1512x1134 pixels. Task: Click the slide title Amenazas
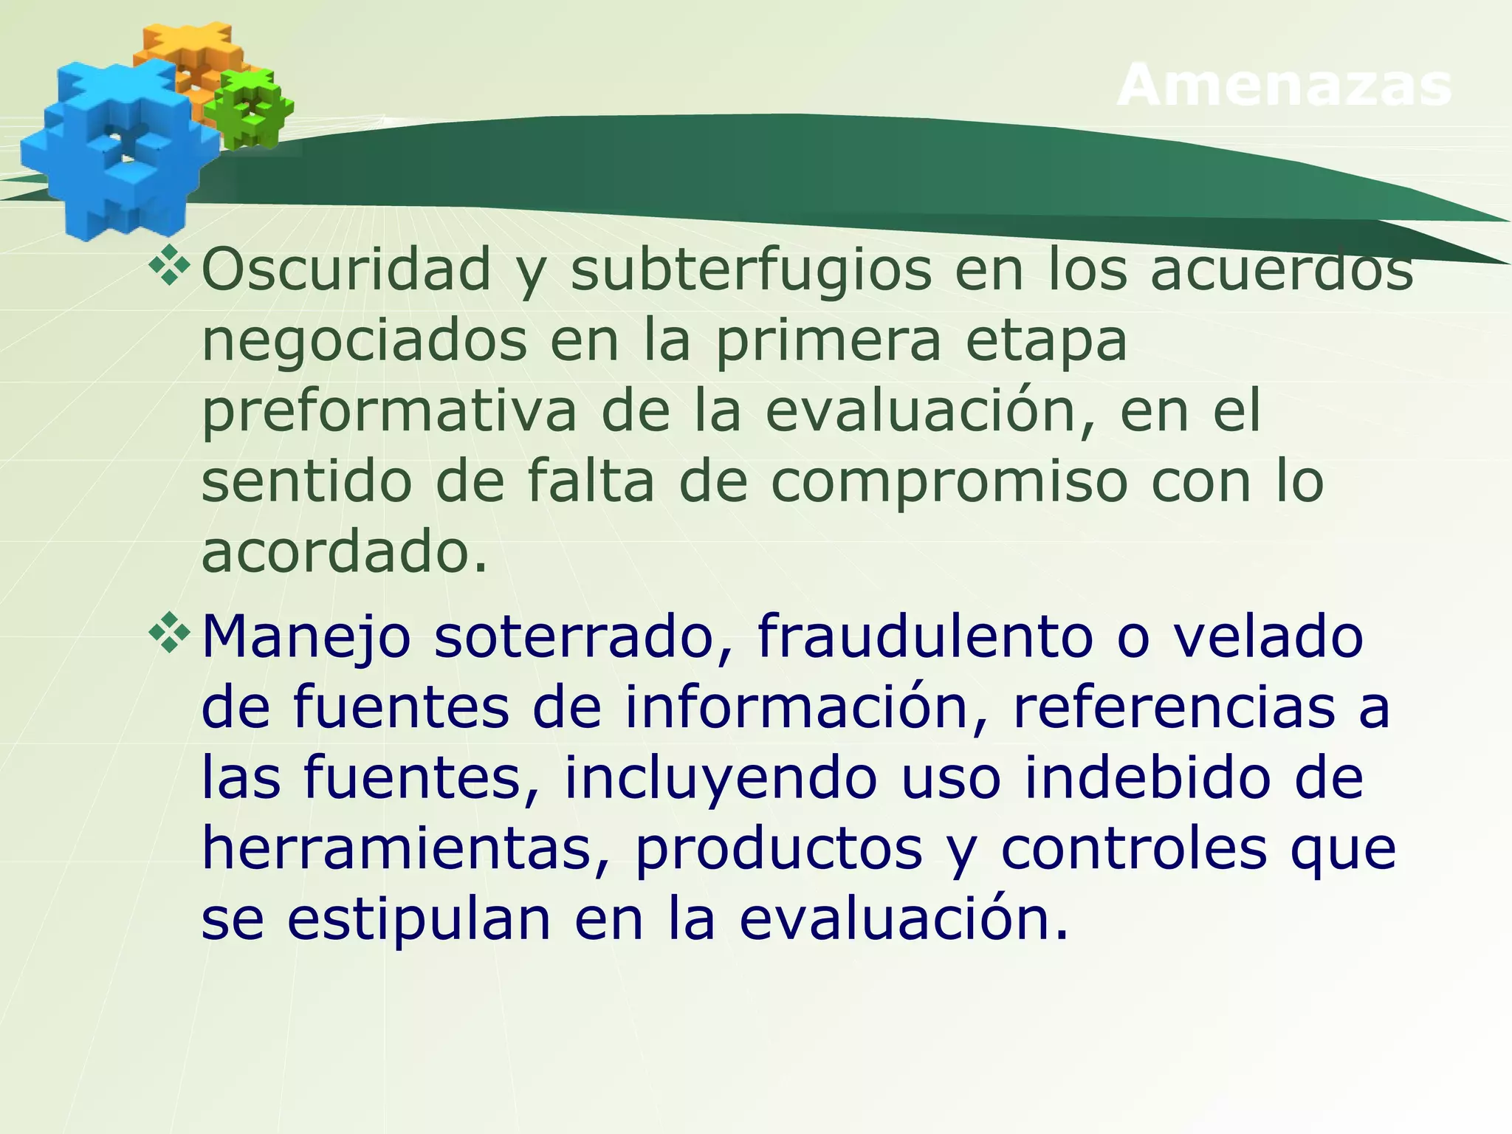tap(1285, 85)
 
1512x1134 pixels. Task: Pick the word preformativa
tap(388, 413)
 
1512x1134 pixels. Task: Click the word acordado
tap(344, 551)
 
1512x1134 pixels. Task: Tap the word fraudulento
tap(924, 636)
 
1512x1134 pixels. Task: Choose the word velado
tap(1268, 636)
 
